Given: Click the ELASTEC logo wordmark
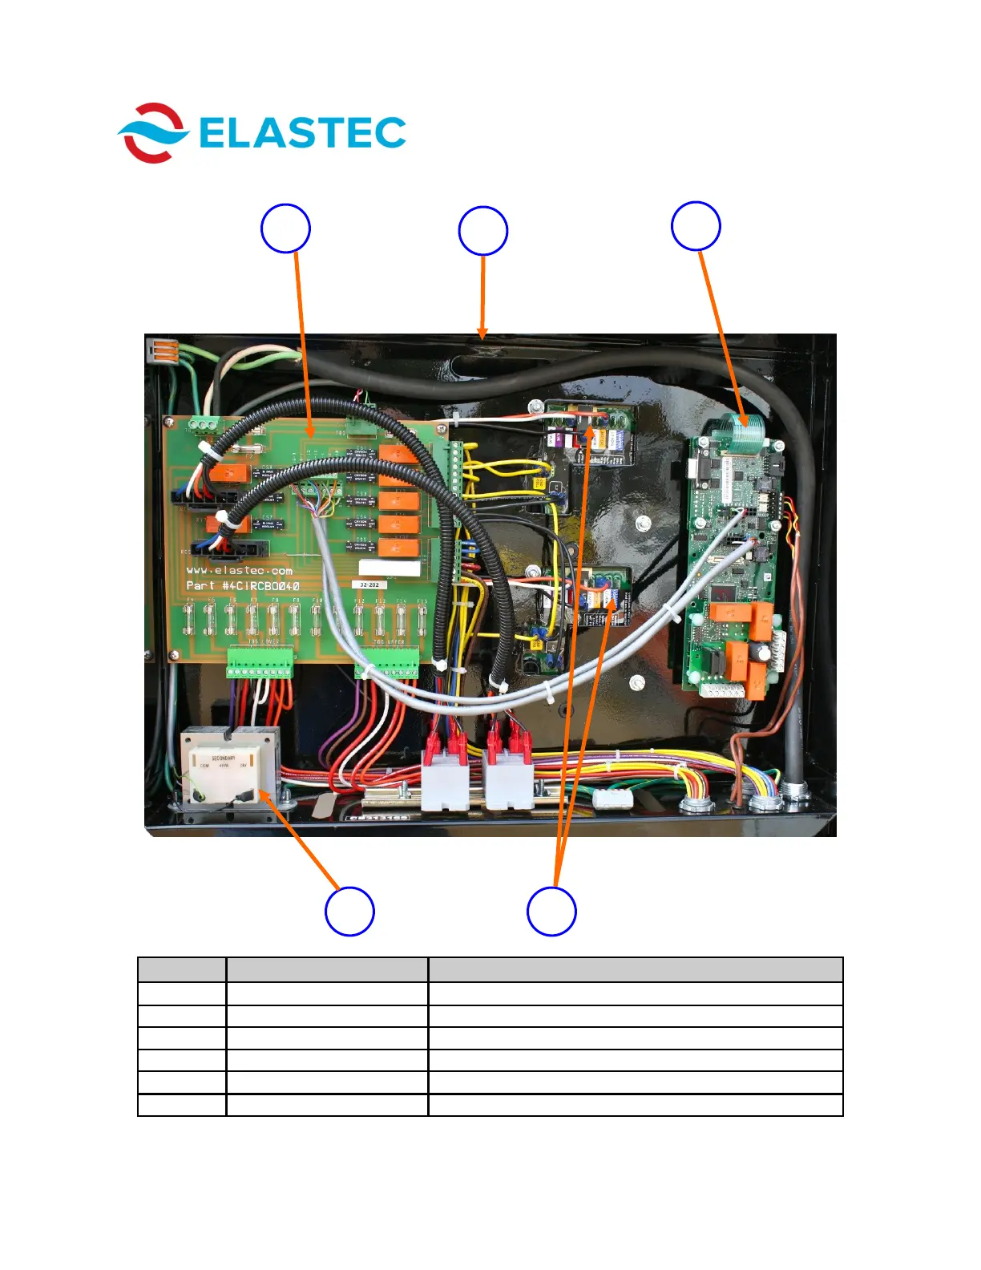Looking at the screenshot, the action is pos(302,133).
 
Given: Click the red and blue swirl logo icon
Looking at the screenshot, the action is pos(152,133).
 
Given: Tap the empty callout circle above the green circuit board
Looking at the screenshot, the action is pos(285,229).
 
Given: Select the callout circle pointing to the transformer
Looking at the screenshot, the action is pos(349,911).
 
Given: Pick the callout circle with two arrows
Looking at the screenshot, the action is pos(551,911).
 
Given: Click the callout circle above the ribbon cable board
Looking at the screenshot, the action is pos(696,226).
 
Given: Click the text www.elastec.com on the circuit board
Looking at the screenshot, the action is pos(239,571).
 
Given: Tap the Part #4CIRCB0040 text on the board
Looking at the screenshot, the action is pos(242,586).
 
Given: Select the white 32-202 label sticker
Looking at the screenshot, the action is pos(369,585).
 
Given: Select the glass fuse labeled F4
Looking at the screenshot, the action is pos(191,618).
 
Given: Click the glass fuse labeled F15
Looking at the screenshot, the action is pos(422,618).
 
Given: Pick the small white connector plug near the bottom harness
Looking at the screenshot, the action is pos(613,798).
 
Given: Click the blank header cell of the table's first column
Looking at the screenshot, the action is pos(182,969).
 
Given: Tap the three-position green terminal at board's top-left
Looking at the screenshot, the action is pos(204,425).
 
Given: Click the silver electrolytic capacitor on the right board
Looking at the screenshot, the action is pos(765,653).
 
